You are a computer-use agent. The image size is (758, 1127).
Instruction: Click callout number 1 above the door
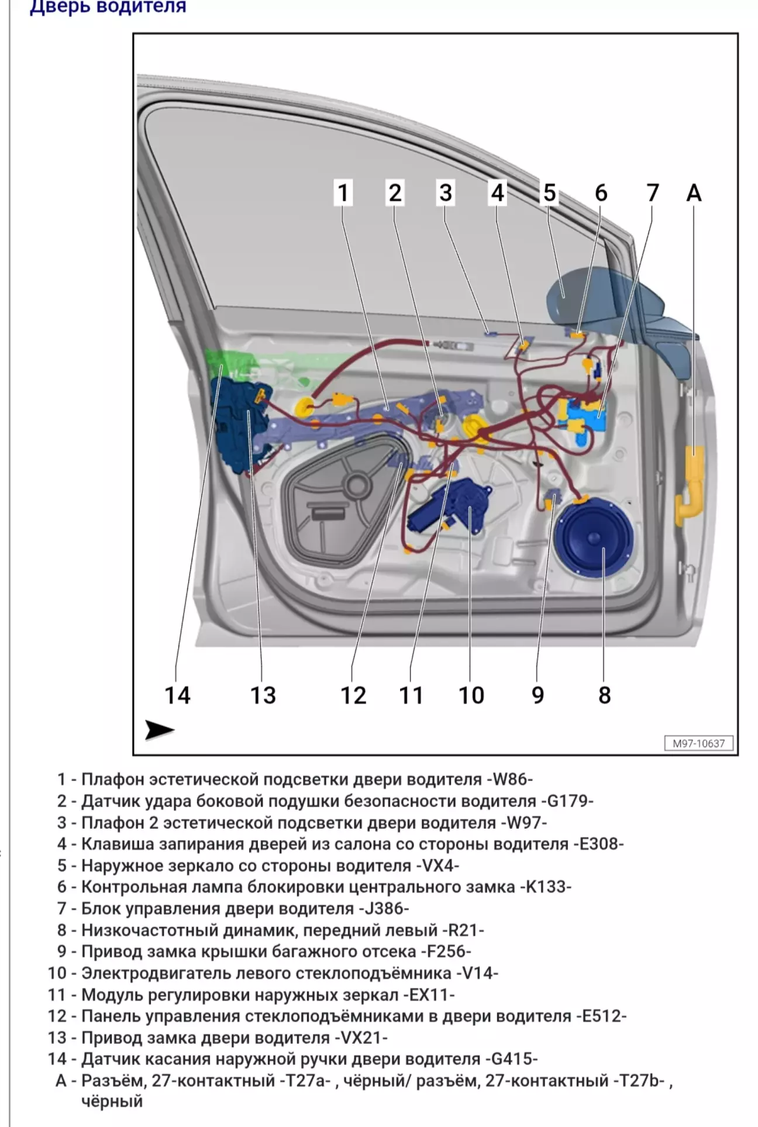pyautogui.click(x=343, y=192)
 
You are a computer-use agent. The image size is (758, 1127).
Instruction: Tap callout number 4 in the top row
pyautogui.click(x=497, y=192)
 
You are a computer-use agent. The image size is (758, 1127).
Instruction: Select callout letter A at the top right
pyautogui.click(x=694, y=192)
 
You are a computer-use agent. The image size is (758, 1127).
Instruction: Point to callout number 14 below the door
pyautogui.click(x=177, y=695)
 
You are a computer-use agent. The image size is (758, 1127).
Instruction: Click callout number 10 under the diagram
pyautogui.click(x=471, y=695)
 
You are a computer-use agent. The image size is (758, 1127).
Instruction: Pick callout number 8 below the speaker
pyautogui.click(x=604, y=695)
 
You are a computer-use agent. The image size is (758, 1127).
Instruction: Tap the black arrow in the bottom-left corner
pyautogui.click(x=159, y=730)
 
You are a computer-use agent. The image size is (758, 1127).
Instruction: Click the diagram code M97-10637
pyautogui.click(x=699, y=743)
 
